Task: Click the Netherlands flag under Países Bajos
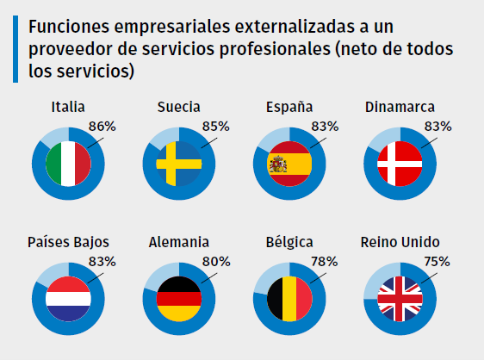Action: coord(68,298)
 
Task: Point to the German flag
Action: coord(178,298)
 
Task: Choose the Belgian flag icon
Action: coord(289,298)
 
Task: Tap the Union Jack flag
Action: coord(400,298)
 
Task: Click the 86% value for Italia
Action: coord(102,127)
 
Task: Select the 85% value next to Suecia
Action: coord(215,127)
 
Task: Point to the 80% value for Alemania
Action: coord(215,261)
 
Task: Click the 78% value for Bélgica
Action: coord(324,261)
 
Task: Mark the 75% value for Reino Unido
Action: coord(436,261)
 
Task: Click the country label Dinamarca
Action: coord(400,107)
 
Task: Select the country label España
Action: coord(289,107)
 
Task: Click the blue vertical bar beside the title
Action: coord(16,48)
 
